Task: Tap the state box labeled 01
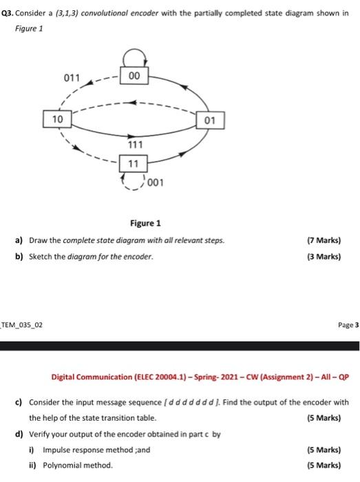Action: pyautogui.click(x=209, y=123)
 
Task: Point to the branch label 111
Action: pyautogui.click(x=136, y=145)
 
